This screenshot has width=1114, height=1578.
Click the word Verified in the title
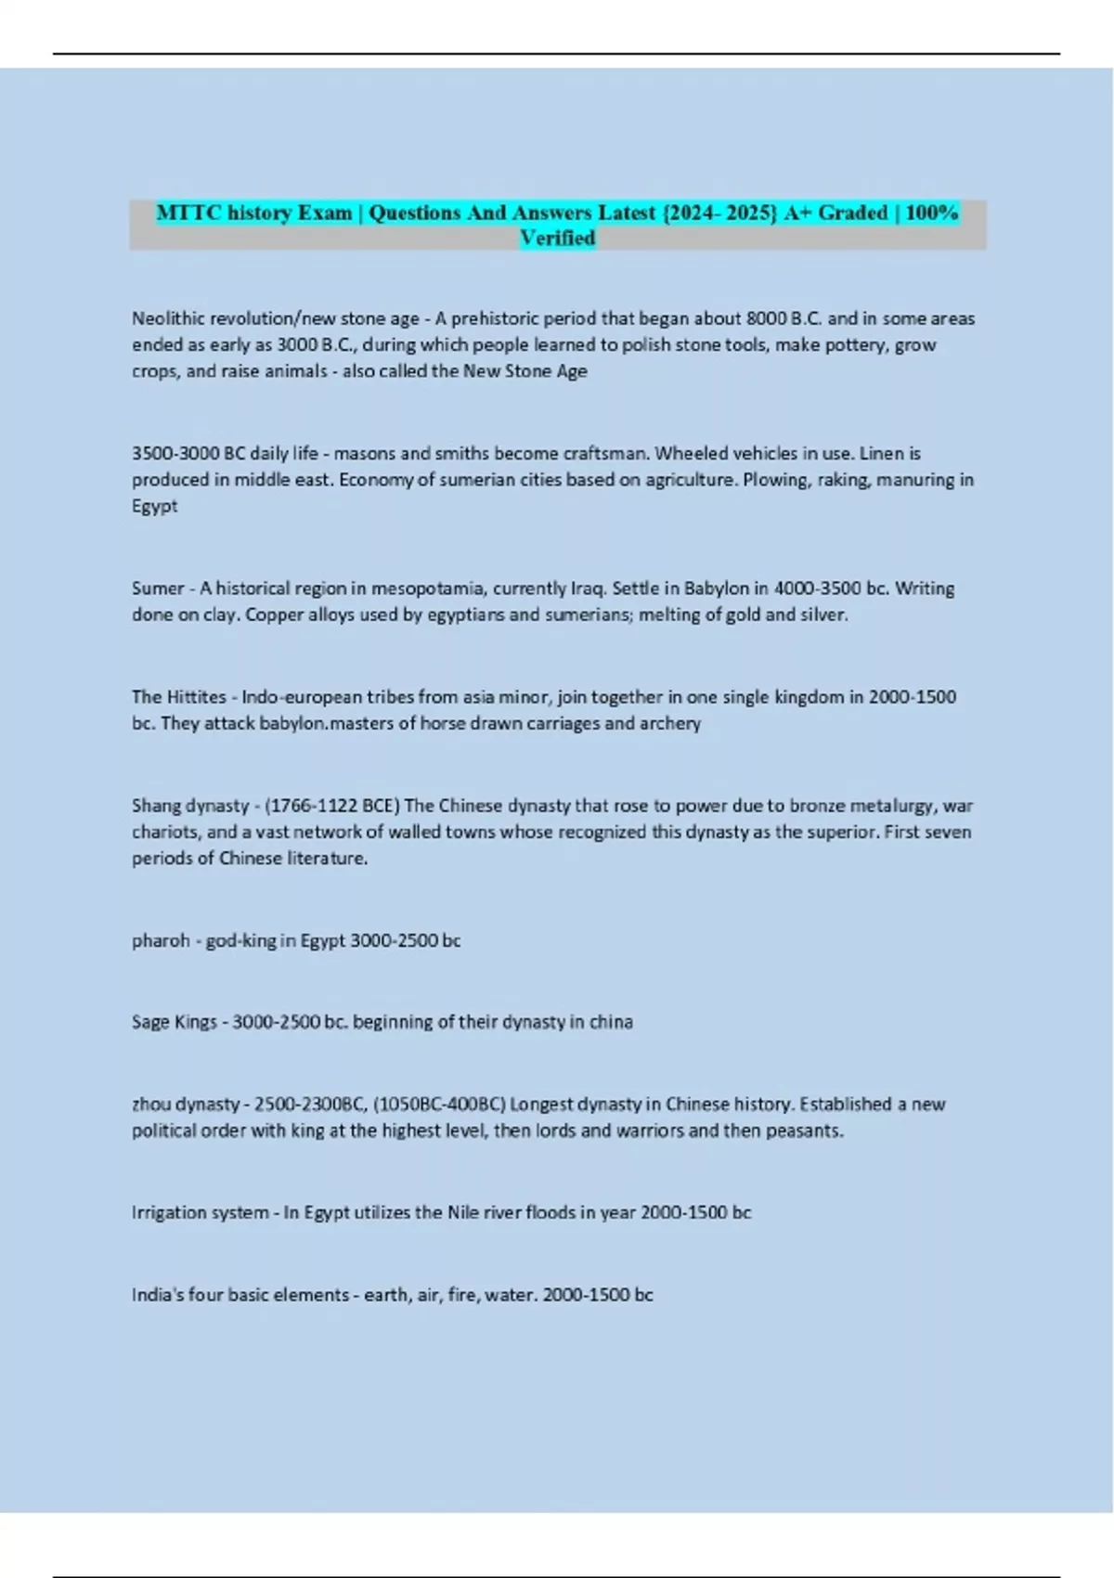point(557,239)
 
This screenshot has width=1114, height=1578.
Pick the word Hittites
point(197,697)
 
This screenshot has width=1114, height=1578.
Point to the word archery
point(670,723)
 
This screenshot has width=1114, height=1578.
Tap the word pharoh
point(161,940)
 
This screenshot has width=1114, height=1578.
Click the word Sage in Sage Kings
point(150,1022)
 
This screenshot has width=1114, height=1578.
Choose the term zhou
point(151,1105)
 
